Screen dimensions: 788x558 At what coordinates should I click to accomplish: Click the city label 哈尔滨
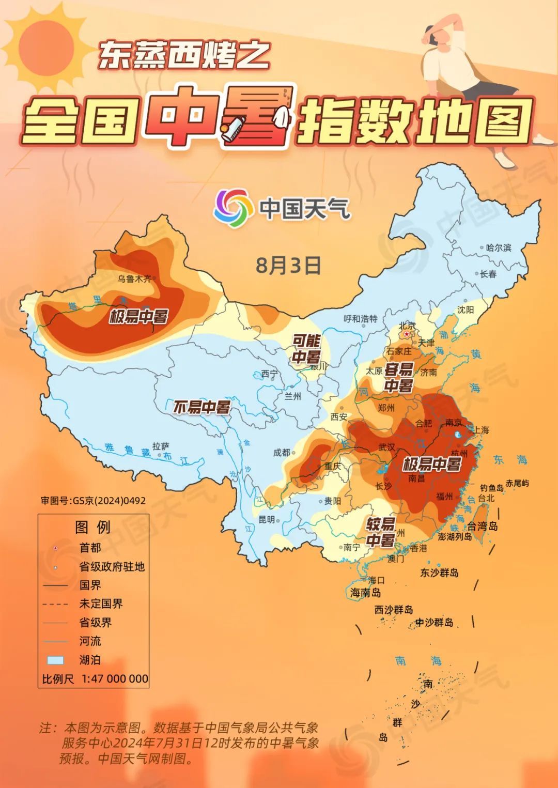[499, 248]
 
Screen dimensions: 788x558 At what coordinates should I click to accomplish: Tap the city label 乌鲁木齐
[134, 279]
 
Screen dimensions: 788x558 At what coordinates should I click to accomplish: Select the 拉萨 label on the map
[161, 446]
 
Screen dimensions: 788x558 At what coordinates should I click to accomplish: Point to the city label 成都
[282, 452]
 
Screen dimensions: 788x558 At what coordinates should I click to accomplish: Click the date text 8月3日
[288, 265]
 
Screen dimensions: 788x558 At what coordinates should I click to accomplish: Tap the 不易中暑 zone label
[201, 407]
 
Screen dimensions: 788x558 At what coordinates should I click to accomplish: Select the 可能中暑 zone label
[306, 349]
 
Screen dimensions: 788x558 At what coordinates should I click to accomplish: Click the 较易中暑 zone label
[381, 532]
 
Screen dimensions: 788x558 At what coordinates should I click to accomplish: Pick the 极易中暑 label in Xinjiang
[138, 316]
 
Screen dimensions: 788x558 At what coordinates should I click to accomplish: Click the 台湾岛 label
[482, 526]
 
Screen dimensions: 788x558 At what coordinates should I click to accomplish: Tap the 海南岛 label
[366, 593]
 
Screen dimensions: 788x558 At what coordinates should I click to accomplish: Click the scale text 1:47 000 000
[115, 678]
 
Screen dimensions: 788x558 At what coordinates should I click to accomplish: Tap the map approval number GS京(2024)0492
[93, 501]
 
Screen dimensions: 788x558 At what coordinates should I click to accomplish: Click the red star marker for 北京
[407, 335]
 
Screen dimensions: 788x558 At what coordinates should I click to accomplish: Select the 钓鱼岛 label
[491, 487]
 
